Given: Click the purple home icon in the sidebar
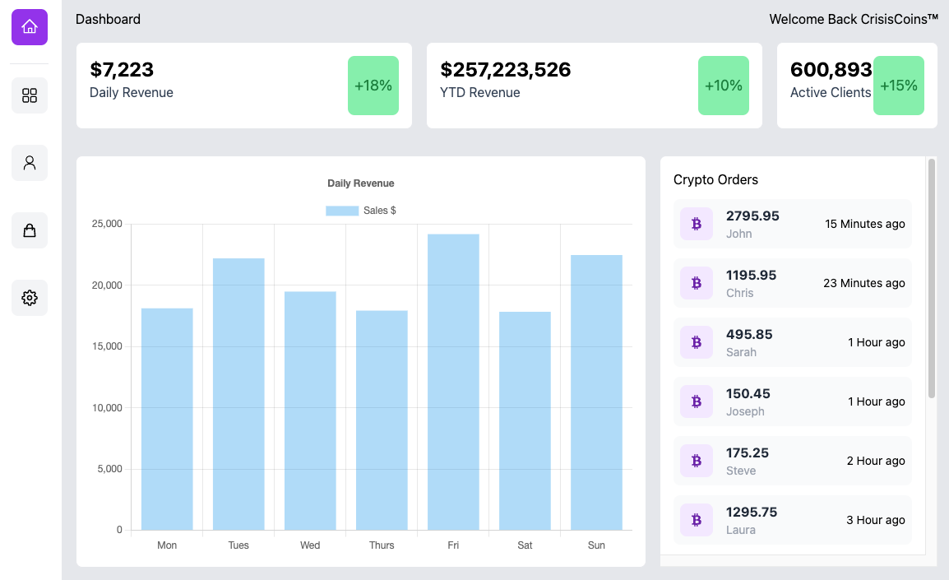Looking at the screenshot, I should [x=30, y=27].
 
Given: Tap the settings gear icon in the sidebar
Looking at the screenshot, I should [x=30, y=298].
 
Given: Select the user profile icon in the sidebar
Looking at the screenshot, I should [x=30, y=163].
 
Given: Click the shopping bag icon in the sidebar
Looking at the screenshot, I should [x=30, y=230].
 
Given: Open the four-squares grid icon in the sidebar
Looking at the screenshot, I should [x=30, y=95].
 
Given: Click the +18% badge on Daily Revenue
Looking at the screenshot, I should [x=373, y=86].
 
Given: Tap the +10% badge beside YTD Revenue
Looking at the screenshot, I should [x=724, y=86].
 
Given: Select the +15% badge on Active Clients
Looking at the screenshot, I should [x=899, y=86].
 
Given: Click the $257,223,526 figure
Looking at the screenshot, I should [x=505, y=70].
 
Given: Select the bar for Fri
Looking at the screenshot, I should [x=453, y=383].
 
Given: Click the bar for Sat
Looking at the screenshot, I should [x=525, y=421].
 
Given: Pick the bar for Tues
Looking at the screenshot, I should [x=238, y=395].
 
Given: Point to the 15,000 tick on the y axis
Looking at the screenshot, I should [x=106, y=346].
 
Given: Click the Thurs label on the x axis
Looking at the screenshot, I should [x=382, y=545].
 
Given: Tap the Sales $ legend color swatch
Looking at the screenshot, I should [x=342, y=211].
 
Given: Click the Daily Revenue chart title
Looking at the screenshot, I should [x=360, y=183].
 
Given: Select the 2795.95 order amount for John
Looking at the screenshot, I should [x=752, y=216].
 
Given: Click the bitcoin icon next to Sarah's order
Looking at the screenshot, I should [x=697, y=342].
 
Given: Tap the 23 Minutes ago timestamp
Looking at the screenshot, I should [x=863, y=283].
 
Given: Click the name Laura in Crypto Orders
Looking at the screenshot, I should [x=741, y=530].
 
